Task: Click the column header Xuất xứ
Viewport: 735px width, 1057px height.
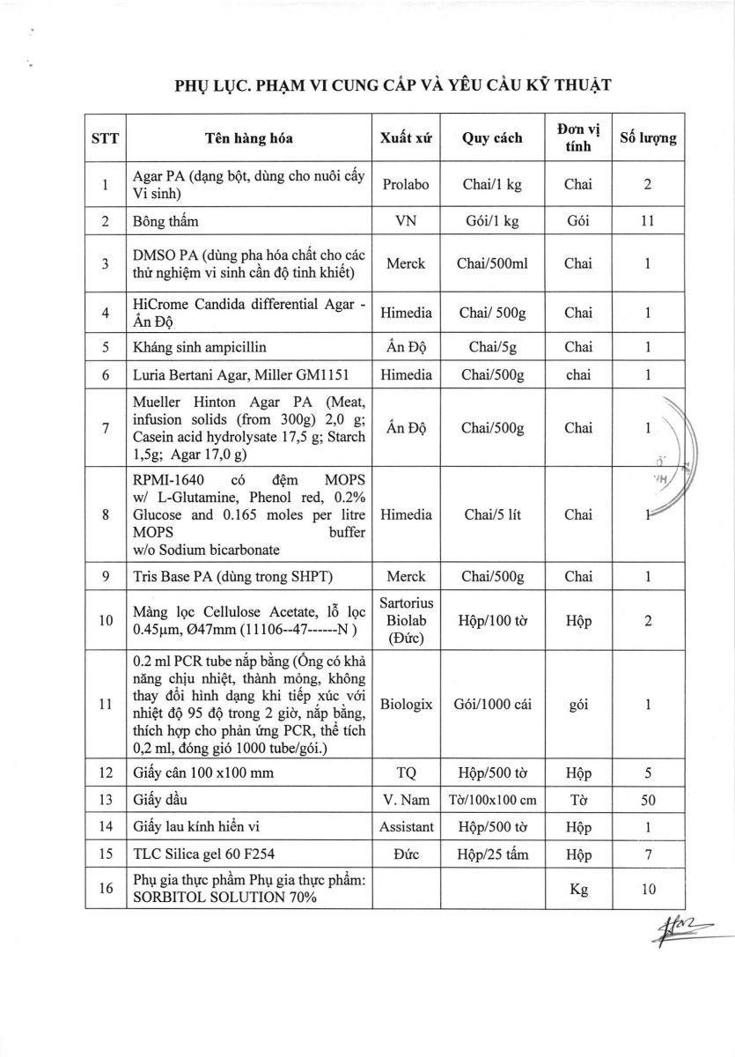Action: pos(406,137)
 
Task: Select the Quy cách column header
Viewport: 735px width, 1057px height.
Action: pos(491,137)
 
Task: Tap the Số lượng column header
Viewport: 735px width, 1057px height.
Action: pos(648,137)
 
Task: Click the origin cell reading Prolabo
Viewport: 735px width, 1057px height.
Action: pos(406,185)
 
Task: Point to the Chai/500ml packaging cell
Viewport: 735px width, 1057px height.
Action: pos(492,263)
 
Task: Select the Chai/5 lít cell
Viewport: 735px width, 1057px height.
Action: pos(492,514)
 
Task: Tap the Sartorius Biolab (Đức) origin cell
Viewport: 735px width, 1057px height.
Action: pos(406,621)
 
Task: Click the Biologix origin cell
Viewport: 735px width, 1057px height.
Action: pos(406,705)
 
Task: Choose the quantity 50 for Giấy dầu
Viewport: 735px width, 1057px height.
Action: pos(648,801)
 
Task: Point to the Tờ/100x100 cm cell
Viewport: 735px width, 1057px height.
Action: pos(492,801)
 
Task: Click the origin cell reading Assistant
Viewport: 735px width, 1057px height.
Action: pos(406,827)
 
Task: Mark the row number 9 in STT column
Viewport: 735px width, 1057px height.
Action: pos(105,577)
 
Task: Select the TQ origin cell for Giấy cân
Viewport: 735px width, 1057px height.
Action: pos(406,773)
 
